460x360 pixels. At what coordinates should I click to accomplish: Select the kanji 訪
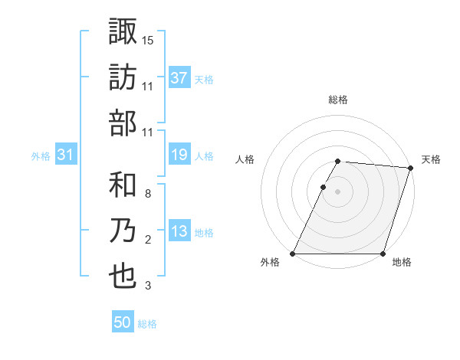point(123,77)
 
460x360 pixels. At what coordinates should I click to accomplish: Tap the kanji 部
point(123,123)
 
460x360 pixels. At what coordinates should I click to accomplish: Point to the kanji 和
point(123,184)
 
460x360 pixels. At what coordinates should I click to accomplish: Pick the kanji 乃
point(123,231)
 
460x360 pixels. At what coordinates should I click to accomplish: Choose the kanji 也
point(123,277)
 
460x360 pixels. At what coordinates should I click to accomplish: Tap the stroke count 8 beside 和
point(148,194)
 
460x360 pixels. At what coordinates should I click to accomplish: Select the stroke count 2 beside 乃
point(148,241)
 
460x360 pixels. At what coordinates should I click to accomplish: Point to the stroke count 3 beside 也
point(148,286)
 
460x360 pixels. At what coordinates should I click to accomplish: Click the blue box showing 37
point(179,78)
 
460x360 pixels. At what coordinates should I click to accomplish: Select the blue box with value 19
point(179,155)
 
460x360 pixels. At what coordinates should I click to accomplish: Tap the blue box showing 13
point(179,232)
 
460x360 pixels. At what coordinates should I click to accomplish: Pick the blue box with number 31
point(66,155)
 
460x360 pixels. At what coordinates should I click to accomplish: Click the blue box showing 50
point(123,323)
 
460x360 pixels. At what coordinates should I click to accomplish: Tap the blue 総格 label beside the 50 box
point(147,324)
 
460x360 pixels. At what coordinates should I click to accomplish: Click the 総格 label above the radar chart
point(338,100)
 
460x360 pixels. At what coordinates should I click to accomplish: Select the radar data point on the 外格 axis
point(293,254)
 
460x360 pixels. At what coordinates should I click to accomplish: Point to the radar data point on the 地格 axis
point(383,254)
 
